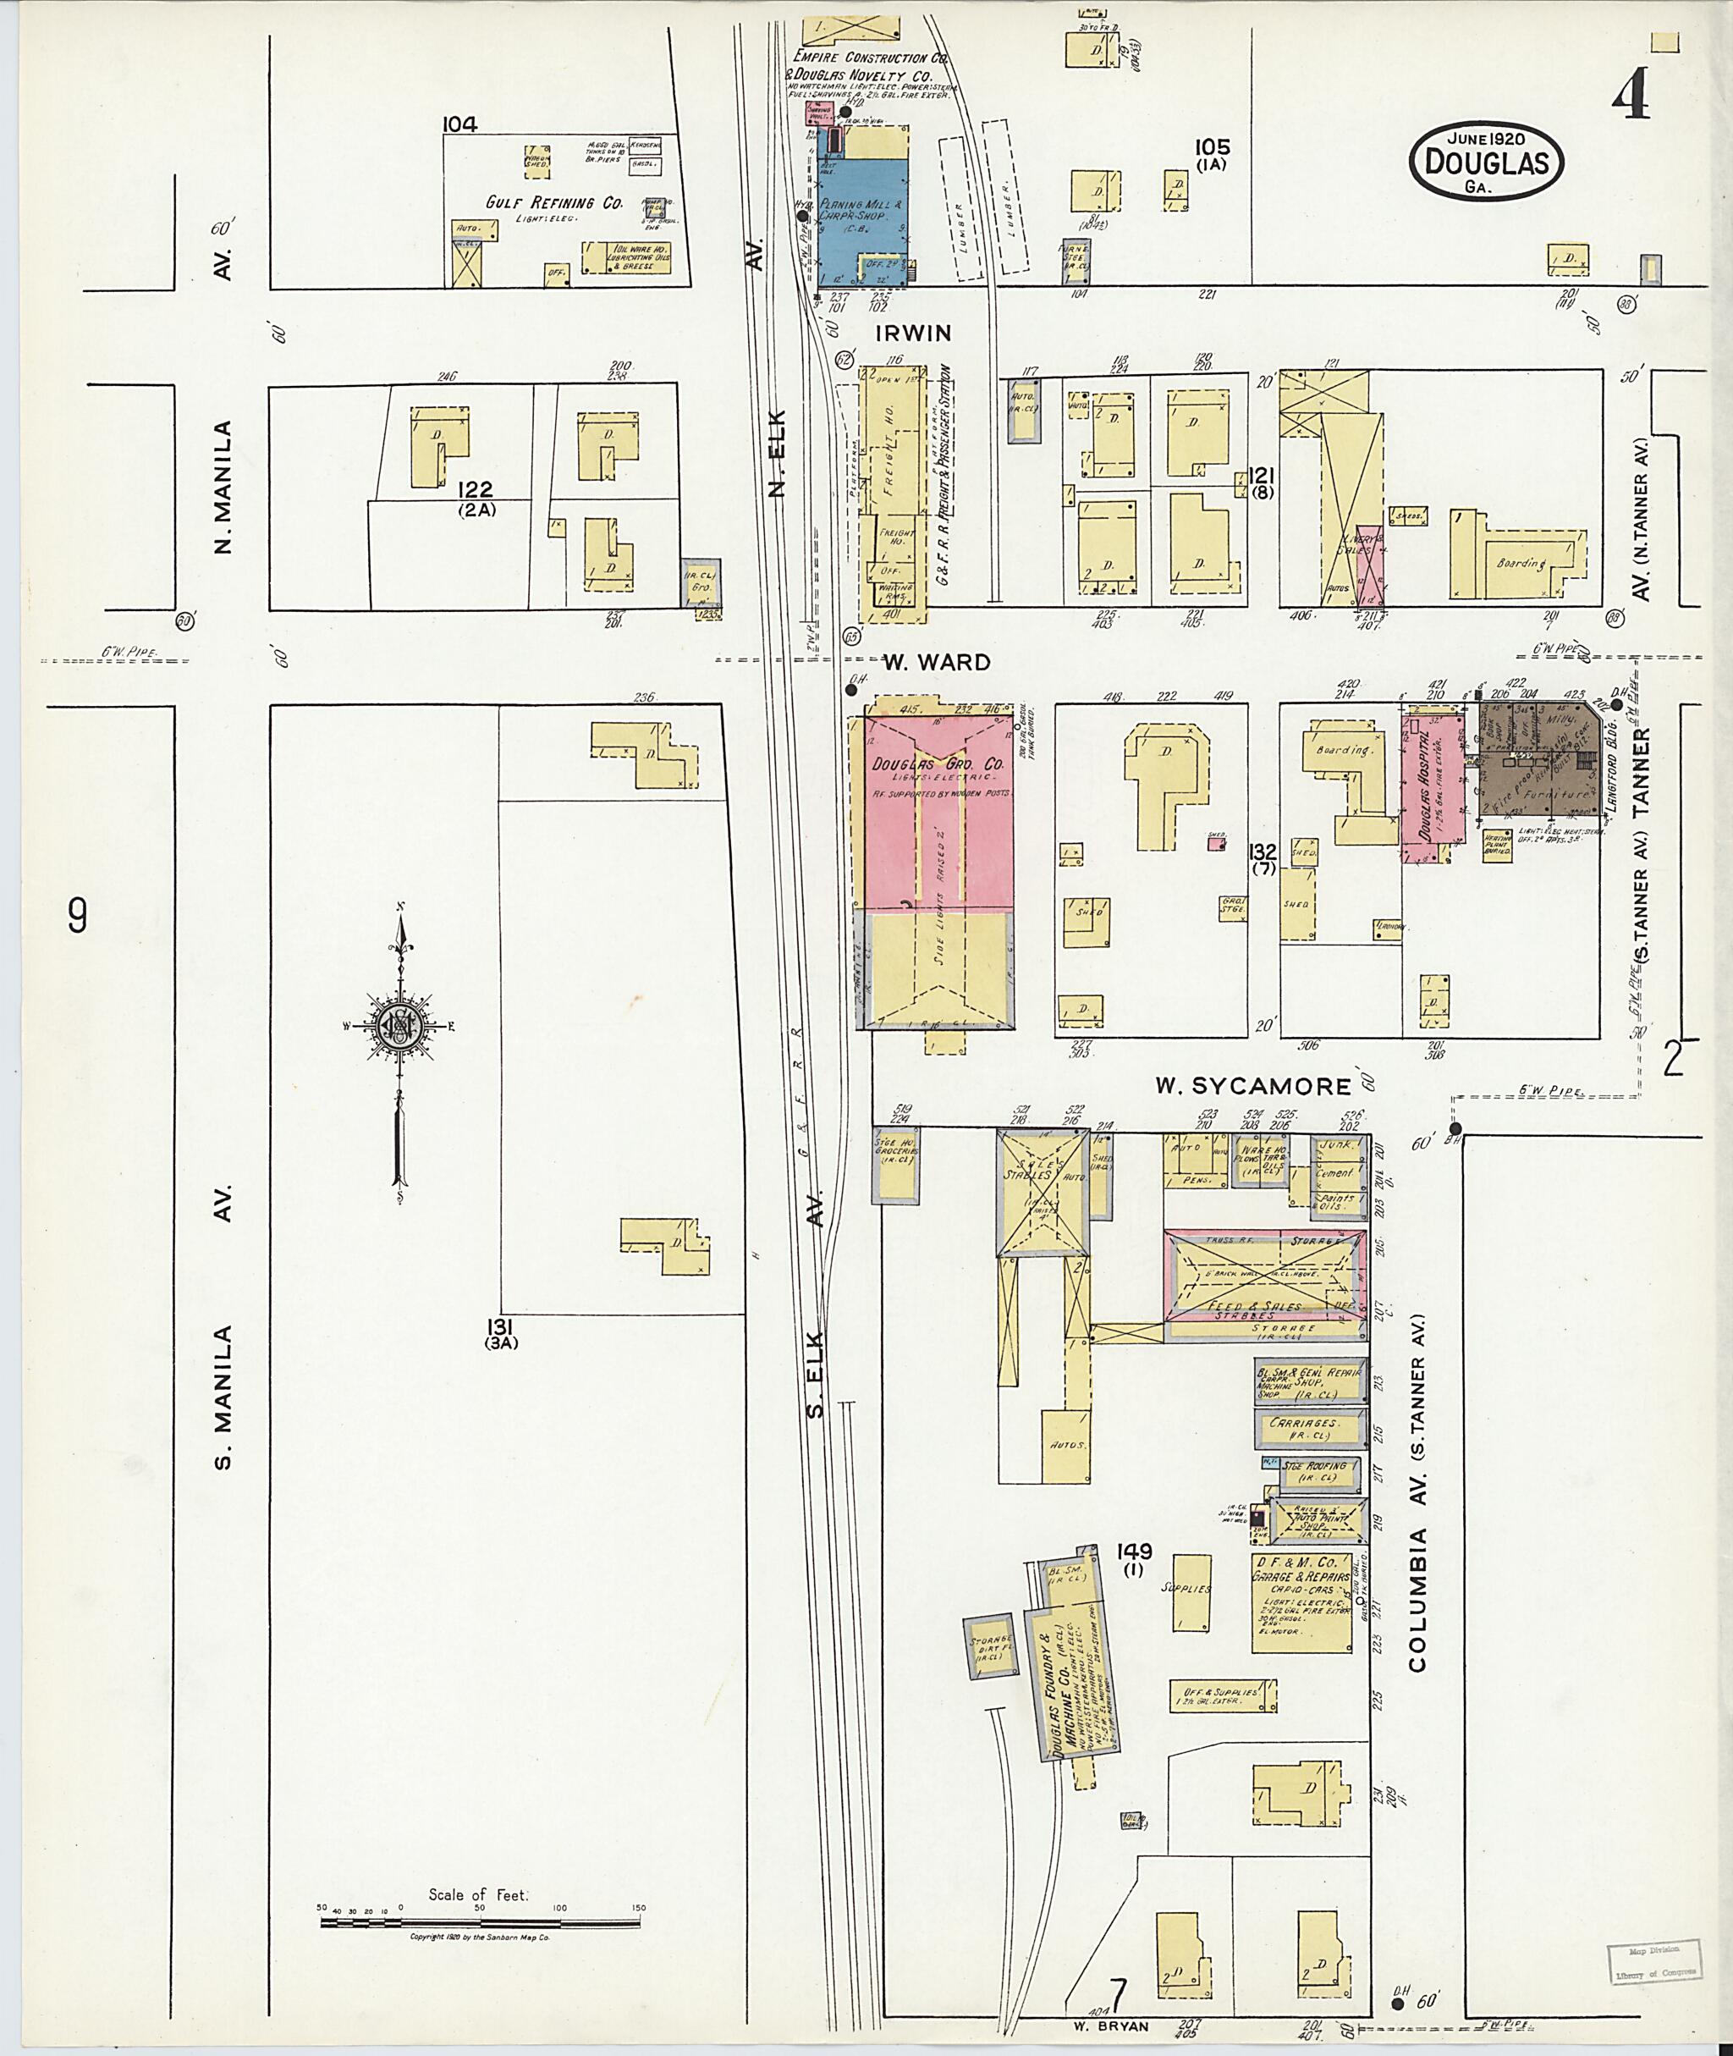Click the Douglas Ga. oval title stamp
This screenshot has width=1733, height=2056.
pyautogui.click(x=1485, y=163)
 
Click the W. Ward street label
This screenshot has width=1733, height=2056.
pyautogui.click(x=935, y=663)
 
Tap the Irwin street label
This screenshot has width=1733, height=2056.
pyautogui.click(x=914, y=333)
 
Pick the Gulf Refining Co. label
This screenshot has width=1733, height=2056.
pyautogui.click(x=554, y=202)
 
